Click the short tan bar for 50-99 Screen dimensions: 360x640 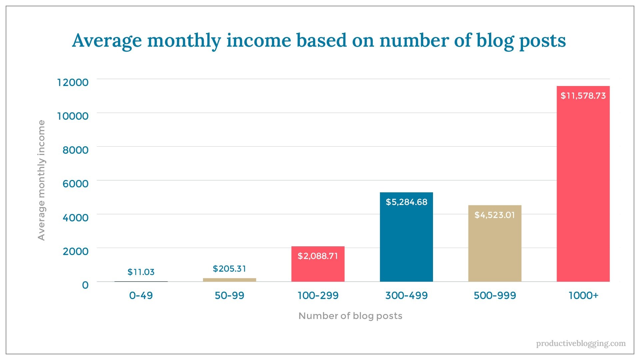229,280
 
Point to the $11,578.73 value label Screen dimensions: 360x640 583,96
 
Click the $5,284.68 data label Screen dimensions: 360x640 406,202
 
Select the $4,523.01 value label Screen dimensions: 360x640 495,215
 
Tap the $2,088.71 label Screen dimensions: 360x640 318,256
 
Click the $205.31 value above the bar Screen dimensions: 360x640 229,269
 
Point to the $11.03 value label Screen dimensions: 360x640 141,272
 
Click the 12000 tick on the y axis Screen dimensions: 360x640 73,82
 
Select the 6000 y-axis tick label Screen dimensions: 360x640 76,184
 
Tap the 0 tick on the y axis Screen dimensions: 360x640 85,285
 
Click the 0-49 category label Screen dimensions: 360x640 141,295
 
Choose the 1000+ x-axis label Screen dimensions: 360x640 583,295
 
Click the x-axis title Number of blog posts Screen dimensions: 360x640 350,316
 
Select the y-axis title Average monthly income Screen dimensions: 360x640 41,180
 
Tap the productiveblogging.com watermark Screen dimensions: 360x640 581,343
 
